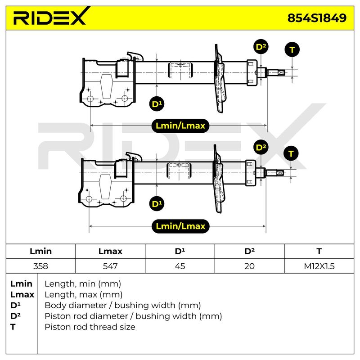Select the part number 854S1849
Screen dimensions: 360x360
[317, 18]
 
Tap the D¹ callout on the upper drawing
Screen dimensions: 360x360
[157, 104]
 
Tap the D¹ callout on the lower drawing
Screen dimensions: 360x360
[157, 203]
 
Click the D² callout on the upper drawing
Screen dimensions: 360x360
[261, 47]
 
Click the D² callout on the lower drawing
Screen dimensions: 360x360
[261, 147]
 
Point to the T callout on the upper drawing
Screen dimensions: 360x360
[292, 49]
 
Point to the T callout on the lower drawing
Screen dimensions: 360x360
[291, 153]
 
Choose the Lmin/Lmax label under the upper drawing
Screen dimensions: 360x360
[180, 126]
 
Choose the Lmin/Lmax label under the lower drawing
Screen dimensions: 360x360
[180, 226]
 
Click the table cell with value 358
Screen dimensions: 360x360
[40, 266]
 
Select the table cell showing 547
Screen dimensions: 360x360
[110, 266]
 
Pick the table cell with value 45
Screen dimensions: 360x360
[180, 266]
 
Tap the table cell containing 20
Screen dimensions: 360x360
[249, 266]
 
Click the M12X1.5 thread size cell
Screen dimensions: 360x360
[319, 266]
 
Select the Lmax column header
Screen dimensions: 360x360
[110, 251]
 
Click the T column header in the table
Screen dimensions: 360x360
[319, 251]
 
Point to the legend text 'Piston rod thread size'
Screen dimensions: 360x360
[90, 327]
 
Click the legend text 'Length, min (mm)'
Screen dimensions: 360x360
[83, 284]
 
